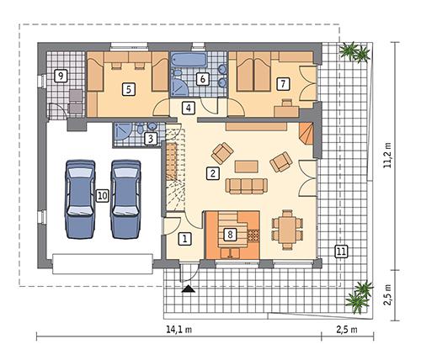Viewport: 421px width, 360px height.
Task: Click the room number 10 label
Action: coord(102,195)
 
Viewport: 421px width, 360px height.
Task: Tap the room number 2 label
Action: coord(214,174)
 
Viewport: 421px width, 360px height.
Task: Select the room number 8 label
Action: coord(229,235)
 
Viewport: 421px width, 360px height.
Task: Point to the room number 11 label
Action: coord(340,251)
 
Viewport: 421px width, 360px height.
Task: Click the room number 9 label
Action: coord(61,77)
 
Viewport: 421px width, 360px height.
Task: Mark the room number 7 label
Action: coord(282,83)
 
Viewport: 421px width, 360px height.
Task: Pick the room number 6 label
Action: coord(203,79)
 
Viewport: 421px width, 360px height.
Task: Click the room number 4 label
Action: coord(188,108)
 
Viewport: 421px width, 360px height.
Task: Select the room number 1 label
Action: coord(184,239)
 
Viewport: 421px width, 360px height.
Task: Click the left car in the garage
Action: coord(78,196)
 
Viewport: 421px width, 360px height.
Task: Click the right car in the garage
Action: coord(126,196)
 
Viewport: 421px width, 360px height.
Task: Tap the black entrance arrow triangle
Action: coord(187,288)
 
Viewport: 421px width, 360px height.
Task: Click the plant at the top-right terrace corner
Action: coord(354,53)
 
